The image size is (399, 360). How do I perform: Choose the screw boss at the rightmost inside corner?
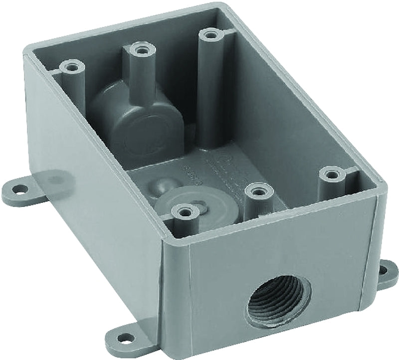pyautogui.click(x=332, y=175)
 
